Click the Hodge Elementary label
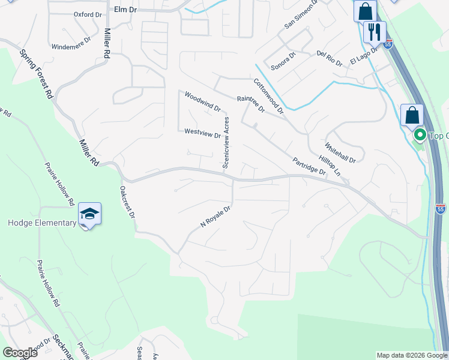click(x=42, y=223)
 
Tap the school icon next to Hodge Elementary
click(x=89, y=215)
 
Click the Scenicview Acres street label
click(x=226, y=142)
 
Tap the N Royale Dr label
click(x=215, y=217)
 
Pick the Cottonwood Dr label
click(x=268, y=96)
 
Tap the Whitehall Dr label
click(x=340, y=153)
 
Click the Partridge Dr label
click(x=309, y=167)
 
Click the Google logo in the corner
click(x=20, y=353)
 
